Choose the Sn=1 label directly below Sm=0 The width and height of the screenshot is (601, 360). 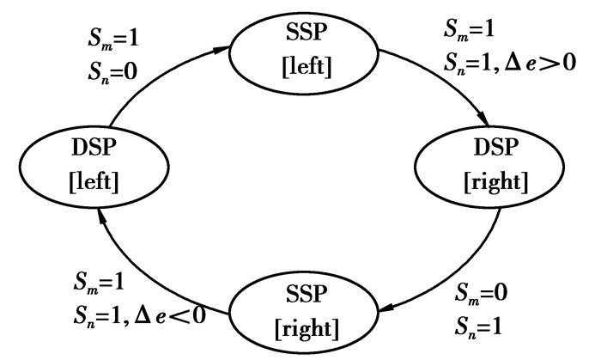(477, 325)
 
